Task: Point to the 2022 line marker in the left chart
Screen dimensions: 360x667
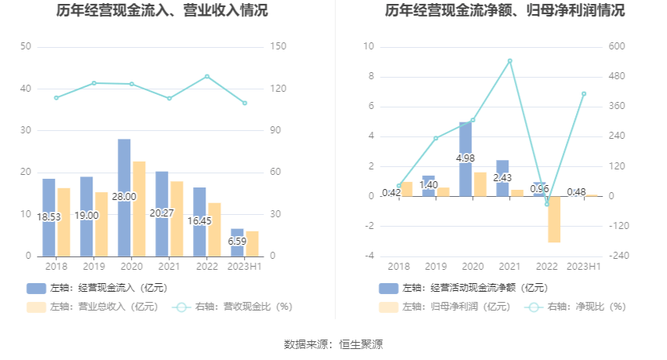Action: (207, 76)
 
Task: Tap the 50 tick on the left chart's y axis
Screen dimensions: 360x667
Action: (26, 47)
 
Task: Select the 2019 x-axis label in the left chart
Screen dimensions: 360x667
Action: (93, 267)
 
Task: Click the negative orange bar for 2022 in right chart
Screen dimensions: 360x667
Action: (554, 220)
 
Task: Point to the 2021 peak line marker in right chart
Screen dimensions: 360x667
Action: (509, 60)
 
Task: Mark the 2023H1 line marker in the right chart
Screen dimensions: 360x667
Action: (584, 94)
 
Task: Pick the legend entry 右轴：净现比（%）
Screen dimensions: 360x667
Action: (581, 307)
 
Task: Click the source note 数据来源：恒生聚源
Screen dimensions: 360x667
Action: (333, 344)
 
